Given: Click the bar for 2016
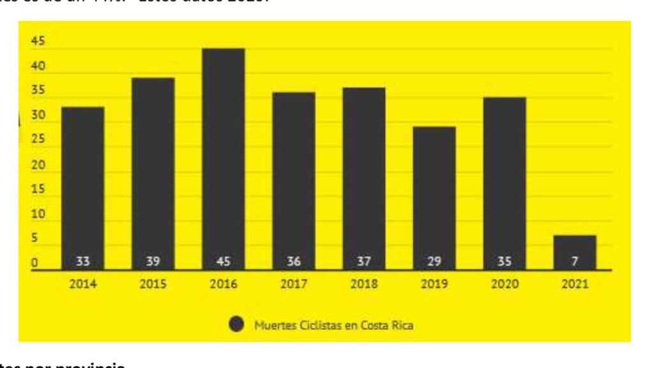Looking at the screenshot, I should (223, 159).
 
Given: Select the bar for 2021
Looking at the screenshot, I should (574, 252).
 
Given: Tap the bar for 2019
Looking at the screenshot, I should (434, 198).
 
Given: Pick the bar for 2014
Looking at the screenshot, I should (83, 188).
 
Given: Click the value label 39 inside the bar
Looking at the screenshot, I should (153, 261).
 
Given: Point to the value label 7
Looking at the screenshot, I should (574, 261).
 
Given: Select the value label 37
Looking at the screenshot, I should (363, 261).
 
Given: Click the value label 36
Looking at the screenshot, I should (293, 261).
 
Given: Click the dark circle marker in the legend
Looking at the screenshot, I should (236, 325).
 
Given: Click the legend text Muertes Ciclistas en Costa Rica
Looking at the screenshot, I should (333, 325).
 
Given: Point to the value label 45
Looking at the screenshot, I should (223, 261).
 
